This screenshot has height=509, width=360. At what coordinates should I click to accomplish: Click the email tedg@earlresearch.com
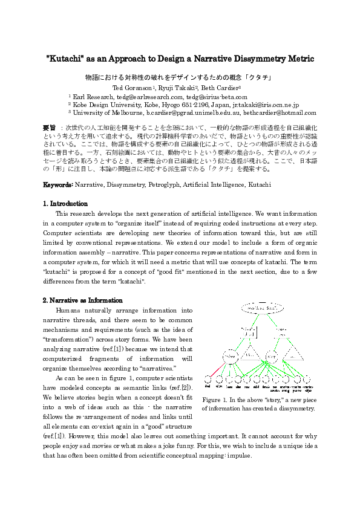[x=150, y=96]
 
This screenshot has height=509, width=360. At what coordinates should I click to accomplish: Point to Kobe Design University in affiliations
[x=109, y=104]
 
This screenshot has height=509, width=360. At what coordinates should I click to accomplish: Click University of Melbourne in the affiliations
[x=107, y=112]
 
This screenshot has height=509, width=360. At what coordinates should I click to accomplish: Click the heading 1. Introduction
[x=65, y=204]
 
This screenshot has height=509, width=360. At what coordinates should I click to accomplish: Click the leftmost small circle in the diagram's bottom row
[x=208, y=379]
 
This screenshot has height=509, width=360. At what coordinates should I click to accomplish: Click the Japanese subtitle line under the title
[x=180, y=77]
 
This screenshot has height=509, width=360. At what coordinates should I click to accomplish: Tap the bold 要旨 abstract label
[x=49, y=128]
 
